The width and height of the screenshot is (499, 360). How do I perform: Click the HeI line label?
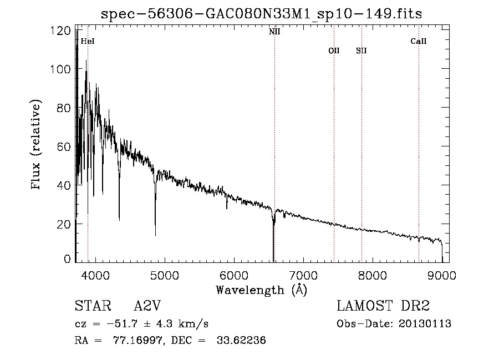click(88, 41)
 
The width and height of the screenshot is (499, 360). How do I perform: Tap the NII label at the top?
click(274, 32)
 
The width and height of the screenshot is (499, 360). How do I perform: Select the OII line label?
click(334, 50)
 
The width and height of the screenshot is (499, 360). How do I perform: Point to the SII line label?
click(361, 50)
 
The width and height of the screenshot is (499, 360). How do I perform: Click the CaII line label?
click(419, 41)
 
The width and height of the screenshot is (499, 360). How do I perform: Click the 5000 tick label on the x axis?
click(164, 275)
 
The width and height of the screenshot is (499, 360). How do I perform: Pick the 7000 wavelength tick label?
click(303, 275)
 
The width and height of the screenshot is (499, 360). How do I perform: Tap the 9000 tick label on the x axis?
click(442, 275)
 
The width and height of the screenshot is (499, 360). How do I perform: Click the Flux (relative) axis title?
click(37, 145)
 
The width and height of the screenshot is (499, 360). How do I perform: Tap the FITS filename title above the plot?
click(262, 14)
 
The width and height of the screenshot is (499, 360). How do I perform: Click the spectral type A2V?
click(147, 306)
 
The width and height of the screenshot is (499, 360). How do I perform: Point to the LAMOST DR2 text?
click(383, 306)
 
